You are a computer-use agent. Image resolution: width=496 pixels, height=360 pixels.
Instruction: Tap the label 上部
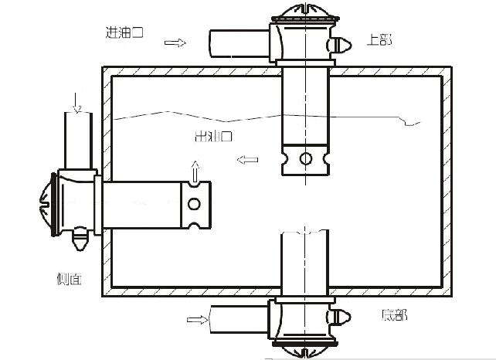coord(378,39)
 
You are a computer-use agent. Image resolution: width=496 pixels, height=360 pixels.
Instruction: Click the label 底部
coord(393,315)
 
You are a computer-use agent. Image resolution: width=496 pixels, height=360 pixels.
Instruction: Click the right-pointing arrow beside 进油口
coord(176,42)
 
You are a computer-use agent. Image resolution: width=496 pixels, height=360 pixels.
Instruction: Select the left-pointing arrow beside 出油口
coord(248,160)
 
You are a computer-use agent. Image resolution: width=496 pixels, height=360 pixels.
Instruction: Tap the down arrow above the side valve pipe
coord(76,101)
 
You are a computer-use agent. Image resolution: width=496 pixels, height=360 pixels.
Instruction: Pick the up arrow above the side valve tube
coord(195,168)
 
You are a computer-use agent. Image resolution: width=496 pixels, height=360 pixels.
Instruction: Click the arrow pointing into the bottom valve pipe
coord(199,318)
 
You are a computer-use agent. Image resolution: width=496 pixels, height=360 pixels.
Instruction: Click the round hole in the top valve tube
coord(306,159)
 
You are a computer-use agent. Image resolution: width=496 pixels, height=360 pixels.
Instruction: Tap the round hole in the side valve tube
coord(194,204)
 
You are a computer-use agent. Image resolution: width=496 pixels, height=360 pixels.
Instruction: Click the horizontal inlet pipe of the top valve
coord(240,43)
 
